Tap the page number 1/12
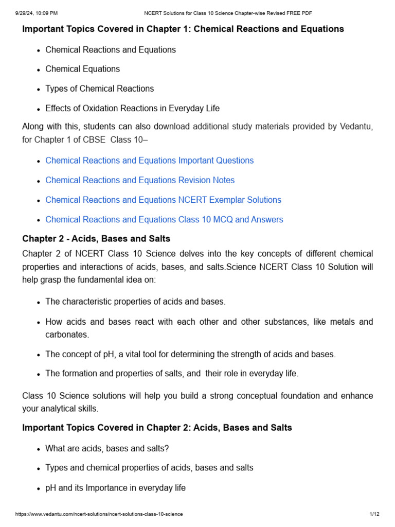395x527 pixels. click(374, 514)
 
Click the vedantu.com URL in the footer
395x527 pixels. click(99, 514)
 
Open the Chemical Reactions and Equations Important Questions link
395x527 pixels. click(149, 161)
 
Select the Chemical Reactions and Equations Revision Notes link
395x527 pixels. click(140, 180)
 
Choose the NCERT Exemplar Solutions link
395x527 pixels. click(163, 200)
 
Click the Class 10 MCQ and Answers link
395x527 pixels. click(164, 219)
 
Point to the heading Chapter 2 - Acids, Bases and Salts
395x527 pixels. click(96, 239)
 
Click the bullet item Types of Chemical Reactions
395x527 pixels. click(99, 89)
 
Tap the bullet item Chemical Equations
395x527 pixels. click(82, 69)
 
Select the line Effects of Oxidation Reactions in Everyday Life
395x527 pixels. click(132, 108)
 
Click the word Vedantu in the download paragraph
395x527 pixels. click(356, 127)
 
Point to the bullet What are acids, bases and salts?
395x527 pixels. click(107, 448)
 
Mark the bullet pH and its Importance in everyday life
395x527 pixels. click(115, 487)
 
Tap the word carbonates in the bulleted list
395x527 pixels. click(67, 335)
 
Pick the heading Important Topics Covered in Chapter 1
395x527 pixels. click(183, 29)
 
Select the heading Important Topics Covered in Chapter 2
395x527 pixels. click(157, 428)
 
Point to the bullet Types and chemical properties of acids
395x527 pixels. click(149, 468)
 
